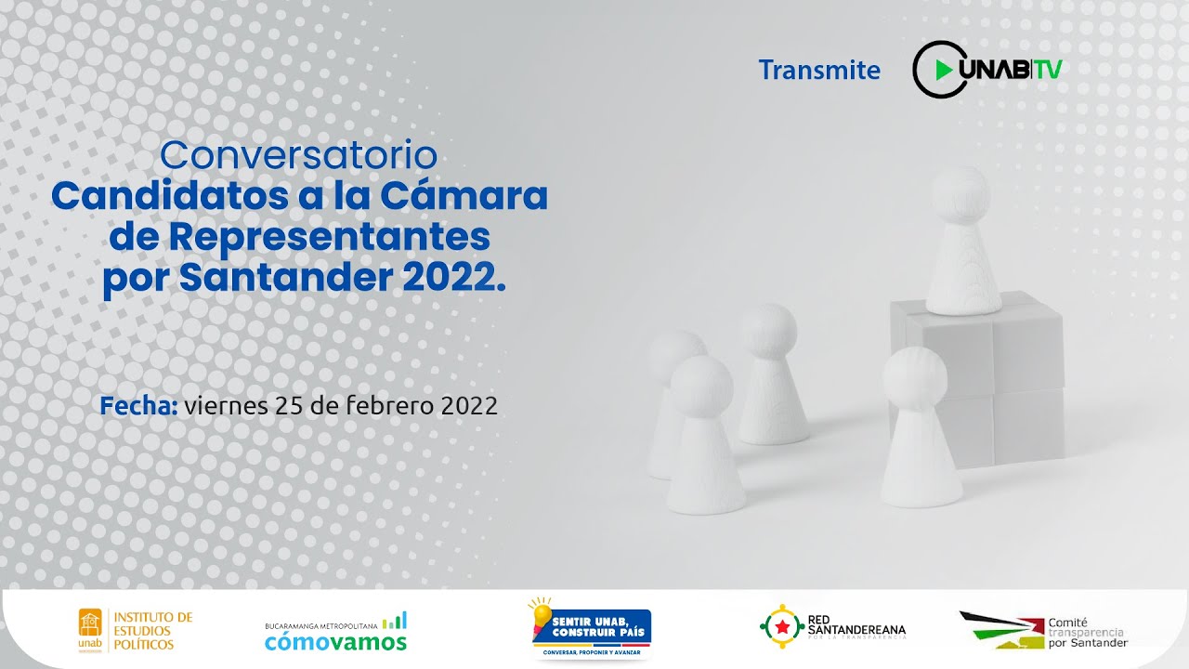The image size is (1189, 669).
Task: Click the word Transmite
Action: coord(818,70)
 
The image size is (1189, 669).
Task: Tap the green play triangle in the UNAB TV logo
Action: coord(944,70)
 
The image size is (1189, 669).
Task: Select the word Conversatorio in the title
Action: coord(299,155)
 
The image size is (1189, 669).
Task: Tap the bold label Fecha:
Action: coord(138,406)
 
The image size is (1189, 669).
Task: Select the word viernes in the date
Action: coord(224,406)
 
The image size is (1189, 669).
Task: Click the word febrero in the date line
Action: coord(391,406)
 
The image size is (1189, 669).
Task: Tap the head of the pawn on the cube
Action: coord(960,190)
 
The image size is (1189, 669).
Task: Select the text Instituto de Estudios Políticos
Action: coord(152,630)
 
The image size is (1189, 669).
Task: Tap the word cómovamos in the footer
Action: coord(335,641)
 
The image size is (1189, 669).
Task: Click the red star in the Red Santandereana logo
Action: coord(782,627)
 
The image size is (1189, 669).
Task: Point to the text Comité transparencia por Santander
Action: coord(1087,632)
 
